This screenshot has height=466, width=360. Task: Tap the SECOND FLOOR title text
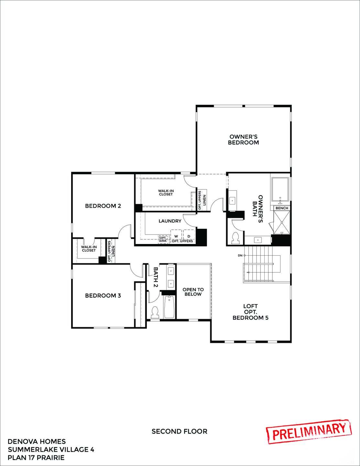(180, 431)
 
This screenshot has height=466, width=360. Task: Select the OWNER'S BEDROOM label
(243, 140)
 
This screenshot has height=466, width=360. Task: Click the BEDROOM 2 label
(103, 206)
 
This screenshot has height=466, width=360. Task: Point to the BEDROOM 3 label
(103, 295)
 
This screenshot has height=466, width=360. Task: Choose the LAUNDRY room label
(170, 221)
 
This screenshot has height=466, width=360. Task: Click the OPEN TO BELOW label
(193, 292)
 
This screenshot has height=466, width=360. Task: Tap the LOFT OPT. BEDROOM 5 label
(250, 312)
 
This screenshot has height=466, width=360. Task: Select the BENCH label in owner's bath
(282, 208)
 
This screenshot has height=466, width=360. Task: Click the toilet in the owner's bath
(236, 238)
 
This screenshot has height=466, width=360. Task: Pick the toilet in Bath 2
(155, 312)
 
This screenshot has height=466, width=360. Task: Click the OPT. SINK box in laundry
(163, 239)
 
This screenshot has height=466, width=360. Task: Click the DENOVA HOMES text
(37, 441)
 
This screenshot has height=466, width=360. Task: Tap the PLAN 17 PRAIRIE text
(36, 457)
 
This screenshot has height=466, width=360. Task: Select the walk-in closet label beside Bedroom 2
(89, 249)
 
